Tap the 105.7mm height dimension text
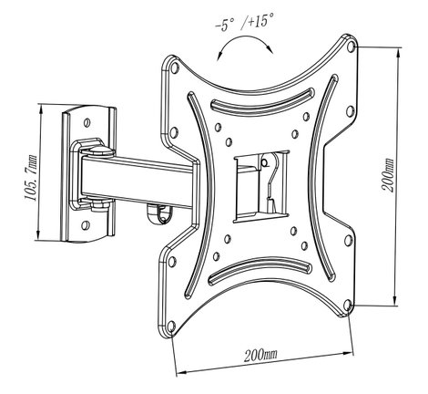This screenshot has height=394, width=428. (31, 178)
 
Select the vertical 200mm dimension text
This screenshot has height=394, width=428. (388, 175)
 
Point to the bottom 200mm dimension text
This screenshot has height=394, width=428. (260, 355)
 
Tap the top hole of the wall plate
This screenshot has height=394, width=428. (87, 122)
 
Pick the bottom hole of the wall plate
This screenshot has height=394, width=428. (86, 225)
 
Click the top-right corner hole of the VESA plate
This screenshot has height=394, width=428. (351, 47)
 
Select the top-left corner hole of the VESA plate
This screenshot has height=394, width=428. (175, 67)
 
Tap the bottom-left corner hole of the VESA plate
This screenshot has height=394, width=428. (171, 327)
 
